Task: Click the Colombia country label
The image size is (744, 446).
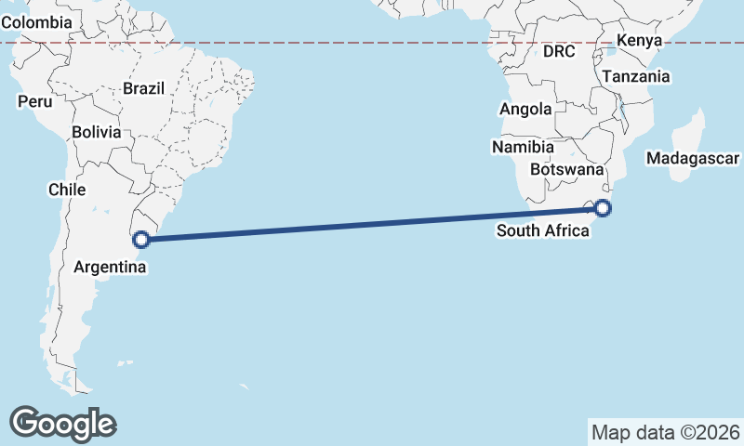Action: [x=37, y=21]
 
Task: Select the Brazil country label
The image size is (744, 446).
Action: [x=143, y=89]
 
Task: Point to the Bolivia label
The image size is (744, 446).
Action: [x=97, y=132]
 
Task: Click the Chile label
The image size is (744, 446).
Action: [x=67, y=190]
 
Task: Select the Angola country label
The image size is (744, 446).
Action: [x=525, y=110]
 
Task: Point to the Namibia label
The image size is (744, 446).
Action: [x=524, y=147]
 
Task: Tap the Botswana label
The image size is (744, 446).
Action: [x=566, y=170]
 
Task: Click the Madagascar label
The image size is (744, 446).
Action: [x=693, y=159]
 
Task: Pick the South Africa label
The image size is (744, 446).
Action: [x=543, y=230]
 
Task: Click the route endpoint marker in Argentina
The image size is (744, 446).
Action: [x=141, y=240]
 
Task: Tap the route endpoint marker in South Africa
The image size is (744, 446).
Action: [x=603, y=208]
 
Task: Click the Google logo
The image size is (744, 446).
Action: [x=62, y=424]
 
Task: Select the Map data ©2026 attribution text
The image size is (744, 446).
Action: [x=666, y=432]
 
